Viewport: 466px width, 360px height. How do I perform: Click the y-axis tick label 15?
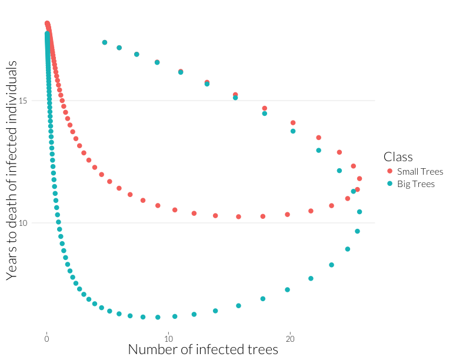pos(38,101)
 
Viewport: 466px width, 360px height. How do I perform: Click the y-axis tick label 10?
pos(38,223)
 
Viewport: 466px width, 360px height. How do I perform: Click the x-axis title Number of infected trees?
pos(202,349)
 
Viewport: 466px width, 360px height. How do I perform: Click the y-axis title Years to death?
pos(11,170)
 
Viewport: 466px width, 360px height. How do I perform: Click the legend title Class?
pos(398,156)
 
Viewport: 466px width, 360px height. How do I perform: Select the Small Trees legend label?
pos(420,172)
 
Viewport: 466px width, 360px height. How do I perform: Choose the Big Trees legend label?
pos(415,184)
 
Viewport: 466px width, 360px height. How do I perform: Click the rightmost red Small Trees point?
pos(360,178)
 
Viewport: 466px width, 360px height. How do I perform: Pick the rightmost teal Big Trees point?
pos(360,212)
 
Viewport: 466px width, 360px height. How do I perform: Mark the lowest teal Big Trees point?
pos(158,317)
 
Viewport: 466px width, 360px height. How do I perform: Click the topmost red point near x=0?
pos(47,24)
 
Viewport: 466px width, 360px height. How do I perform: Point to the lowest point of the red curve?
pos(238,216)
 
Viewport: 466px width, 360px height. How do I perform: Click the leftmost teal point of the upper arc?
pos(105,42)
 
